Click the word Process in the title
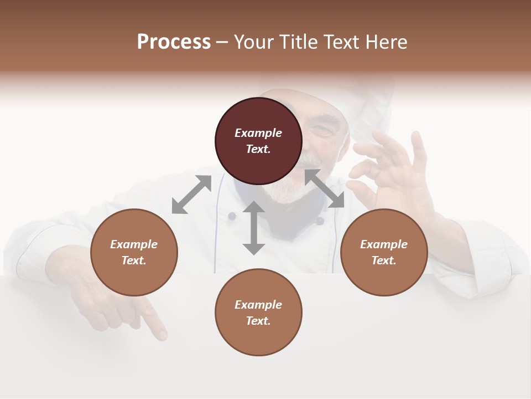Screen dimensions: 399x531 click(174, 42)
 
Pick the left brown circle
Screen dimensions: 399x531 click(134, 253)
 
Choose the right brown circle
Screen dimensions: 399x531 click(384, 253)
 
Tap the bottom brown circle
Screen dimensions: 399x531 click(258, 312)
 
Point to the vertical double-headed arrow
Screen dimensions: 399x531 click(254, 228)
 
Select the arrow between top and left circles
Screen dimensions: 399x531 click(191, 195)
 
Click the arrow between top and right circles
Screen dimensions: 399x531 click(324, 188)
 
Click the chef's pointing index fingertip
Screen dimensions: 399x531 click(162, 335)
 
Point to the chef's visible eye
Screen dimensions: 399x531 click(320, 130)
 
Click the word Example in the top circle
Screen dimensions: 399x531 click(258, 133)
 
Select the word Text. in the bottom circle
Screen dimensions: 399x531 click(258, 321)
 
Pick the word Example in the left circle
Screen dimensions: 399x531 click(134, 244)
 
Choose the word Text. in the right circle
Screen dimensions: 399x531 click(384, 260)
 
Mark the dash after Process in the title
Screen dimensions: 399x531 click(222, 42)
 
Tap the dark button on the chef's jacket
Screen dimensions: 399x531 click(319, 221)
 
